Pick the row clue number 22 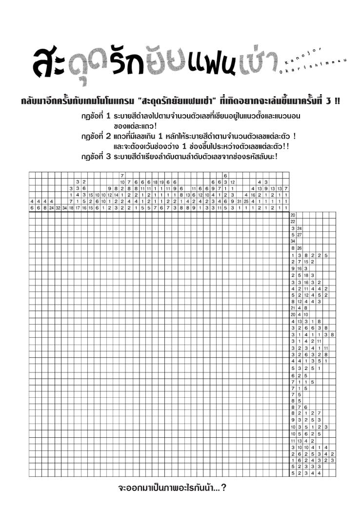tap(293, 222)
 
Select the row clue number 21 tap(293, 308)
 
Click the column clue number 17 tap(78, 208)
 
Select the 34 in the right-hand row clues tap(293, 241)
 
